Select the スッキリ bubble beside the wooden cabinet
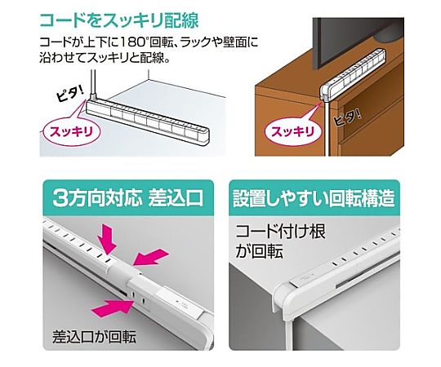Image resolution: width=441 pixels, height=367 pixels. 293,131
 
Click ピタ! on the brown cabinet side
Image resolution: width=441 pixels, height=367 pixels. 347,118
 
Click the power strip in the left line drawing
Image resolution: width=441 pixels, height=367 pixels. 147,119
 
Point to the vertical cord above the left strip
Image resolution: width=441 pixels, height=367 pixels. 94,83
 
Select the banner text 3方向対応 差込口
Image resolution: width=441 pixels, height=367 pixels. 128,198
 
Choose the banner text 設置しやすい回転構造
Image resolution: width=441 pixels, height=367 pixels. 314,198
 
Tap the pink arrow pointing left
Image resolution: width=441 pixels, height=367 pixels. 150,257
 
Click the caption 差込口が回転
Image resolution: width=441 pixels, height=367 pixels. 94,336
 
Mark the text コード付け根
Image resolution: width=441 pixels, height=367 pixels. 280,232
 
